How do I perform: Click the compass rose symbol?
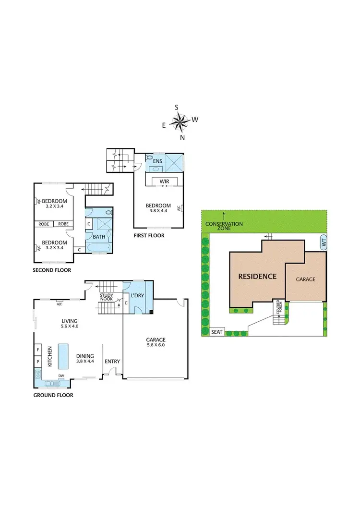click(180, 122)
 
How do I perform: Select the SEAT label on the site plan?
click(217, 332)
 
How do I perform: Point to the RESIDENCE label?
click(257, 276)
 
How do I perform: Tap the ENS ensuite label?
click(157, 161)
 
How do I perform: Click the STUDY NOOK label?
click(107, 297)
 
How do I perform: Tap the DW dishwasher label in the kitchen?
click(61, 376)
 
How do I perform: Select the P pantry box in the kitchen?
click(38, 361)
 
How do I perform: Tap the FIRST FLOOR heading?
click(150, 236)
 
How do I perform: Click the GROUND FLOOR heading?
click(53, 395)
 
